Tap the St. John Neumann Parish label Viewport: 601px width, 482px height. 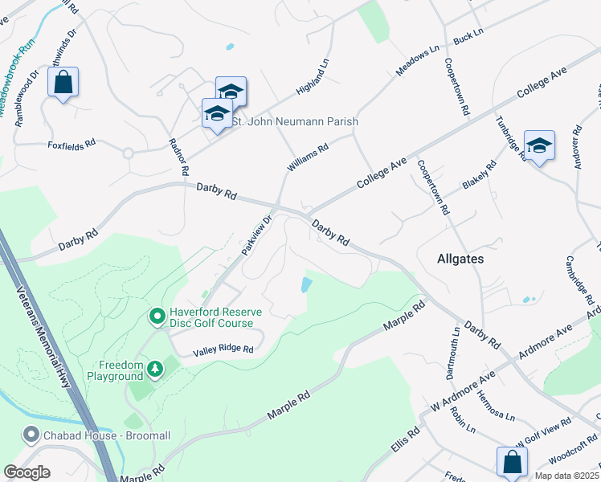pos(294,121)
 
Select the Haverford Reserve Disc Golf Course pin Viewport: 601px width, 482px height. pos(157,317)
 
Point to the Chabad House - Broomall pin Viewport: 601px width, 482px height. pos(31,435)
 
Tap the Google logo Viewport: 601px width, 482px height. pos(27,472)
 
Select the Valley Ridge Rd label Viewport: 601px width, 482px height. pos(223,350)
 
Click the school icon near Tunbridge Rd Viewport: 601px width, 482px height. pos(539,145)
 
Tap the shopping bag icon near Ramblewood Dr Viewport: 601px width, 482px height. pos(63,82)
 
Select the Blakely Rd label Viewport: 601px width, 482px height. pos(480,175)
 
